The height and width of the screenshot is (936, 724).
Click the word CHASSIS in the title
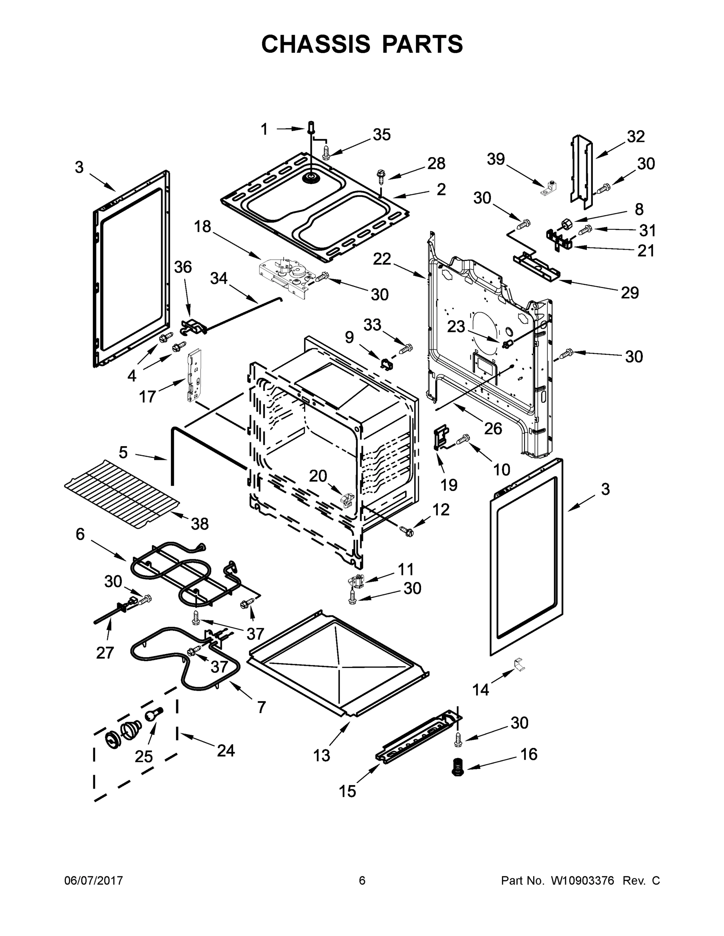click(316, 44)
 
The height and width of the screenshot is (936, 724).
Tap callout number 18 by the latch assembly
click(203, 226)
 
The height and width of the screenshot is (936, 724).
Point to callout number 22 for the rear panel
click(382, 259)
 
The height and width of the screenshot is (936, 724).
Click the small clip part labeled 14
click(519, 665)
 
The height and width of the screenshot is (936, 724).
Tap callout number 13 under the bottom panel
click(321, 755)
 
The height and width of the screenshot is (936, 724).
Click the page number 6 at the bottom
click(362, 880)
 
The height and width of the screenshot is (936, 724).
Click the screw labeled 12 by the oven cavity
click(407, 532)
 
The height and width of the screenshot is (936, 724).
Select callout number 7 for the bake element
click(261, 707)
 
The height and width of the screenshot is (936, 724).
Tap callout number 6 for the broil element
click(80, 534)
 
